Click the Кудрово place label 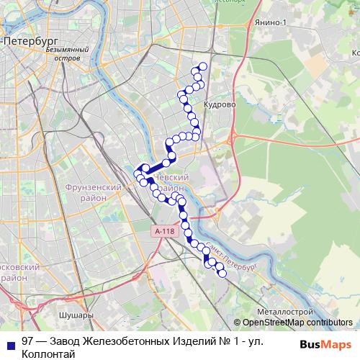[220, 104]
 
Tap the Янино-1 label [270, 23]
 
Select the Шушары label [78, 315]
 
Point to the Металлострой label [284, 310]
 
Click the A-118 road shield [164, 231]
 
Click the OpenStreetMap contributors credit [297, 323]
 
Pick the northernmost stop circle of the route [203, 66]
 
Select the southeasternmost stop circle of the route [222, 274]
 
